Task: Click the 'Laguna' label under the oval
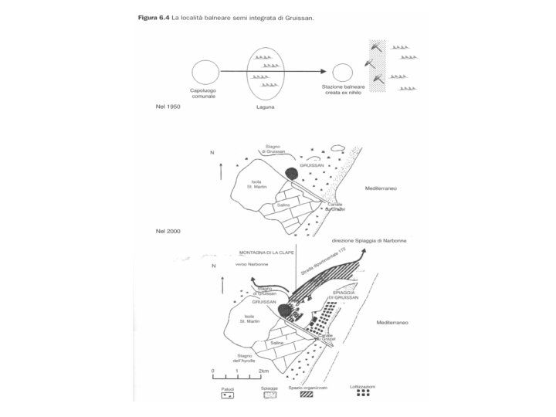click(x=265, y=107)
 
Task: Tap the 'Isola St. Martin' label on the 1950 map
click(x=256, y=184)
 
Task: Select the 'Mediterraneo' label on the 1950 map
click(x=381, y=188)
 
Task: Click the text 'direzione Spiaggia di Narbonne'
click(x=369, y=240)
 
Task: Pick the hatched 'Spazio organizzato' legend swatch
click(x=308, y=394)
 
